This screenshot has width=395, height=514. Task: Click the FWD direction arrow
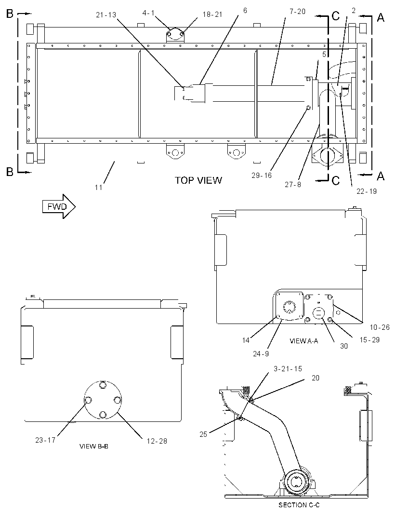tap(59, 206)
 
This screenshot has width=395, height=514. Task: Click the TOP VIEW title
tap(198, 180)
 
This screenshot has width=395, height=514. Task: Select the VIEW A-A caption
tap(303, 341)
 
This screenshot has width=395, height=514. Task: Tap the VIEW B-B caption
tap(94, 446)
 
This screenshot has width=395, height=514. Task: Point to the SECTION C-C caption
tap(299, 505)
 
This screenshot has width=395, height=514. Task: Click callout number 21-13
tap(106, 15)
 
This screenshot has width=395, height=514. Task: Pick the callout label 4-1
tap(148, 13)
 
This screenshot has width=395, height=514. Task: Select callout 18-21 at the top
tap(212, 15)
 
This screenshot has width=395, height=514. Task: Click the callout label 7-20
tap(297, 12)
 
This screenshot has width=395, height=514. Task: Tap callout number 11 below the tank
tap(99, 188)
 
